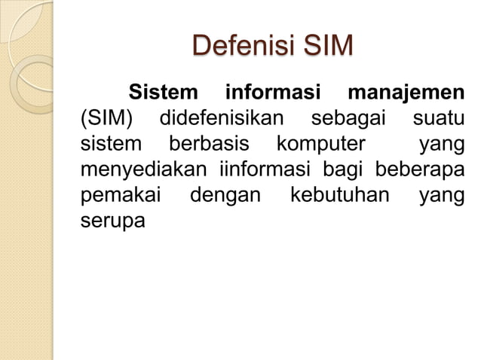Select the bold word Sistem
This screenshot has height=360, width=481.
point(167,96)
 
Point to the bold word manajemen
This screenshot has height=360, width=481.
point(406,96)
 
